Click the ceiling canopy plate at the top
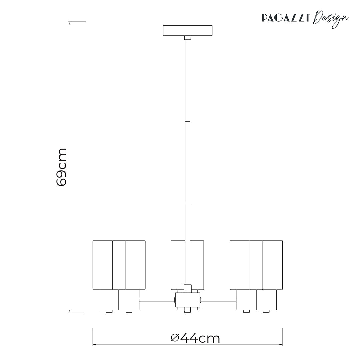coord(187,30)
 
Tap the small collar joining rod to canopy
coord(187,38)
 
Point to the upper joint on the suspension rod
coord(187,121)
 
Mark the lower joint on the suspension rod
coord(187,202)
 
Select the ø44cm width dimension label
coord(195,338)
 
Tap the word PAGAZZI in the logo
coord(286,18)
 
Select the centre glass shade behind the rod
coord(178,265)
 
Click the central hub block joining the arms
coord(187,300)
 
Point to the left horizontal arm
coord(157,300)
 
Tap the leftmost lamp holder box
coord(109,300)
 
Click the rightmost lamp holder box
coord(266,300)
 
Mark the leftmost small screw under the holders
coord(109,311)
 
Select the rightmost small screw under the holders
coord(266,311)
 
